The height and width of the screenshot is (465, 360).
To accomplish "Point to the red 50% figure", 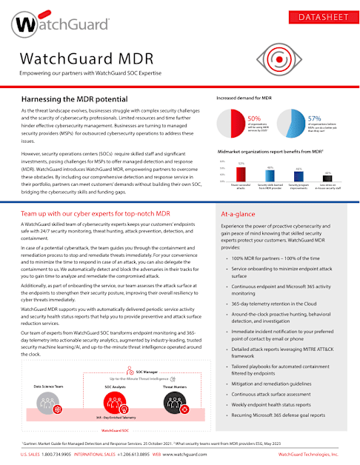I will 253,118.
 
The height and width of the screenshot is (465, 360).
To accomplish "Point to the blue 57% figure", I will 313,118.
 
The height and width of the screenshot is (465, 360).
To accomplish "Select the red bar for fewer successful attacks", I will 241,173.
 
